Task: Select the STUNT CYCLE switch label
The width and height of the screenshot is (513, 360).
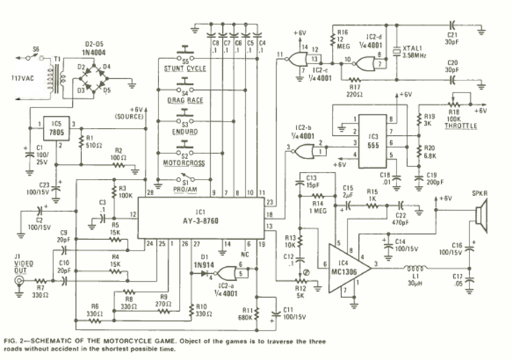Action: coord(185,69)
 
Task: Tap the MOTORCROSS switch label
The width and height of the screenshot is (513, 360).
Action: coord(185,164)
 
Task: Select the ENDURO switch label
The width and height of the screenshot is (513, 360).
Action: coord(185,132)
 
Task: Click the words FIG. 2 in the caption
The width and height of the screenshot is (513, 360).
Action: coord(16,339)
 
